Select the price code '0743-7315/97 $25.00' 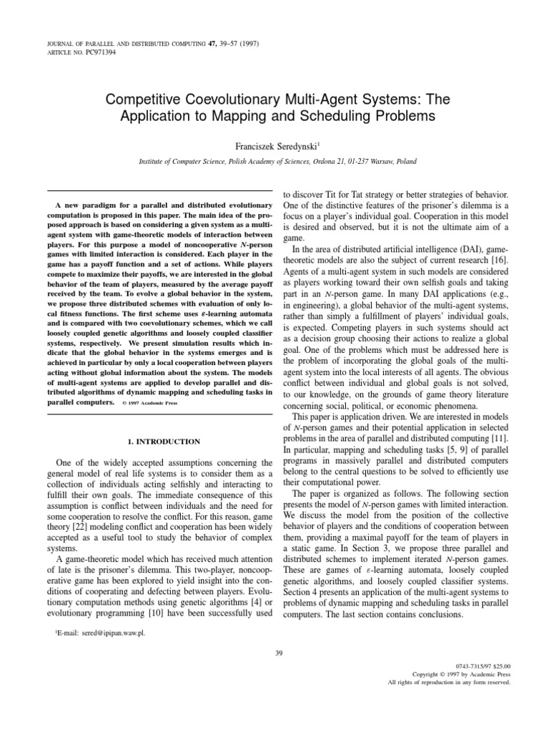pyautogui.click(x=481, y=665)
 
